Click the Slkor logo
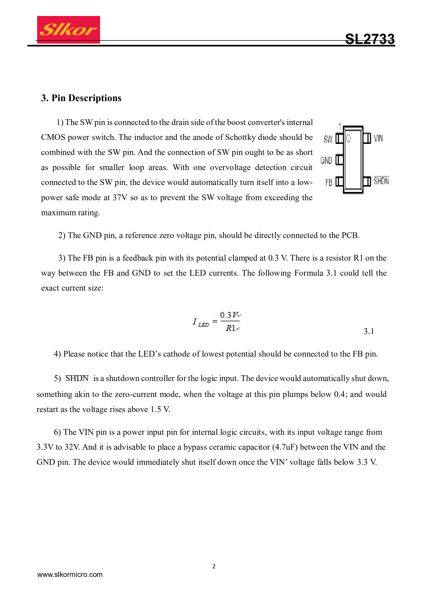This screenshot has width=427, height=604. (68, 29)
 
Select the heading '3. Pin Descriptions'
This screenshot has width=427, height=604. (81, 98)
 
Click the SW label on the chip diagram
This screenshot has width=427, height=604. (328, 139)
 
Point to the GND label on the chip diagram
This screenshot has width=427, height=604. (326, 160)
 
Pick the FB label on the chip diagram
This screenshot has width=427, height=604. (329, 182)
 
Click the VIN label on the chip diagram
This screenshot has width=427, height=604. (378, 138)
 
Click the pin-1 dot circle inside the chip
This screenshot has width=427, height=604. (348, 138)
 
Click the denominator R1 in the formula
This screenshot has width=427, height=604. (231, 328)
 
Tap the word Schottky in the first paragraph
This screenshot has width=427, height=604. (240, 137)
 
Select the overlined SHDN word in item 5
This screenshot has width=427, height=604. (77, 378)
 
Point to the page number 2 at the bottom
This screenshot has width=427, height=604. (214, 566)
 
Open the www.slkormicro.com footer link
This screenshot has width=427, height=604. (70, 575)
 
